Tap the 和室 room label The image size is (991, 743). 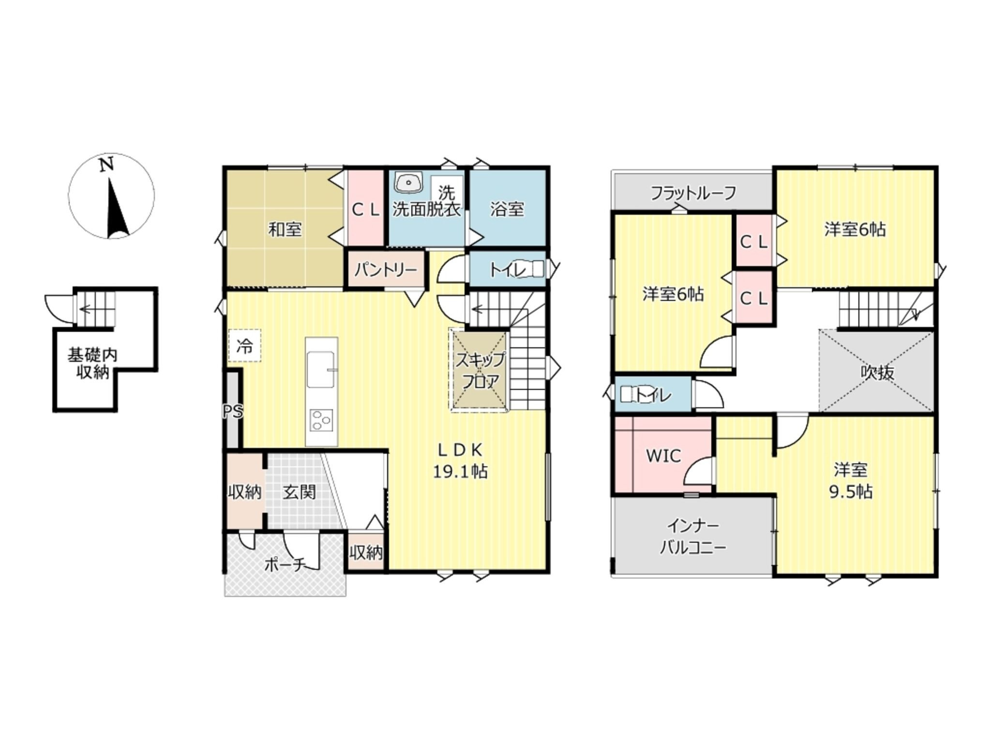(x=285, y=229)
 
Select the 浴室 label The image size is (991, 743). (x=507, y=209)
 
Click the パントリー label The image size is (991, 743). (x=385, y=269)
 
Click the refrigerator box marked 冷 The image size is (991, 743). (x=244, y=346)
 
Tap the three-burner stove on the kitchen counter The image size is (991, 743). (x=321, y=420)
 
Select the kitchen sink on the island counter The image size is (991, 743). (x=321, y=369)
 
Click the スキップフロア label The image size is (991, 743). (x=480, y=371)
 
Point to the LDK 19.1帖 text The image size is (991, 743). (x=460, y=461)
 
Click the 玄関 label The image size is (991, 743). (x=300, y=492)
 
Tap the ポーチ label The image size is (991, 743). (x=285, y=565)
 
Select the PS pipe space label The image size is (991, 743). (x=233, y=412)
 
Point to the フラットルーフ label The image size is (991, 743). (x=693, y=193)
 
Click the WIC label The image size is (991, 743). (x=663, y=456)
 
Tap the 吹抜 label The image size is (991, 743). (x=878, y=372)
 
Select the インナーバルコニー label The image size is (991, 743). (x=693, y=537)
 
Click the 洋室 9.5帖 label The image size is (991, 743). (x=851, y=480)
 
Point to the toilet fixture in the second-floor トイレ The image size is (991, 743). (x=629, y=394)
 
